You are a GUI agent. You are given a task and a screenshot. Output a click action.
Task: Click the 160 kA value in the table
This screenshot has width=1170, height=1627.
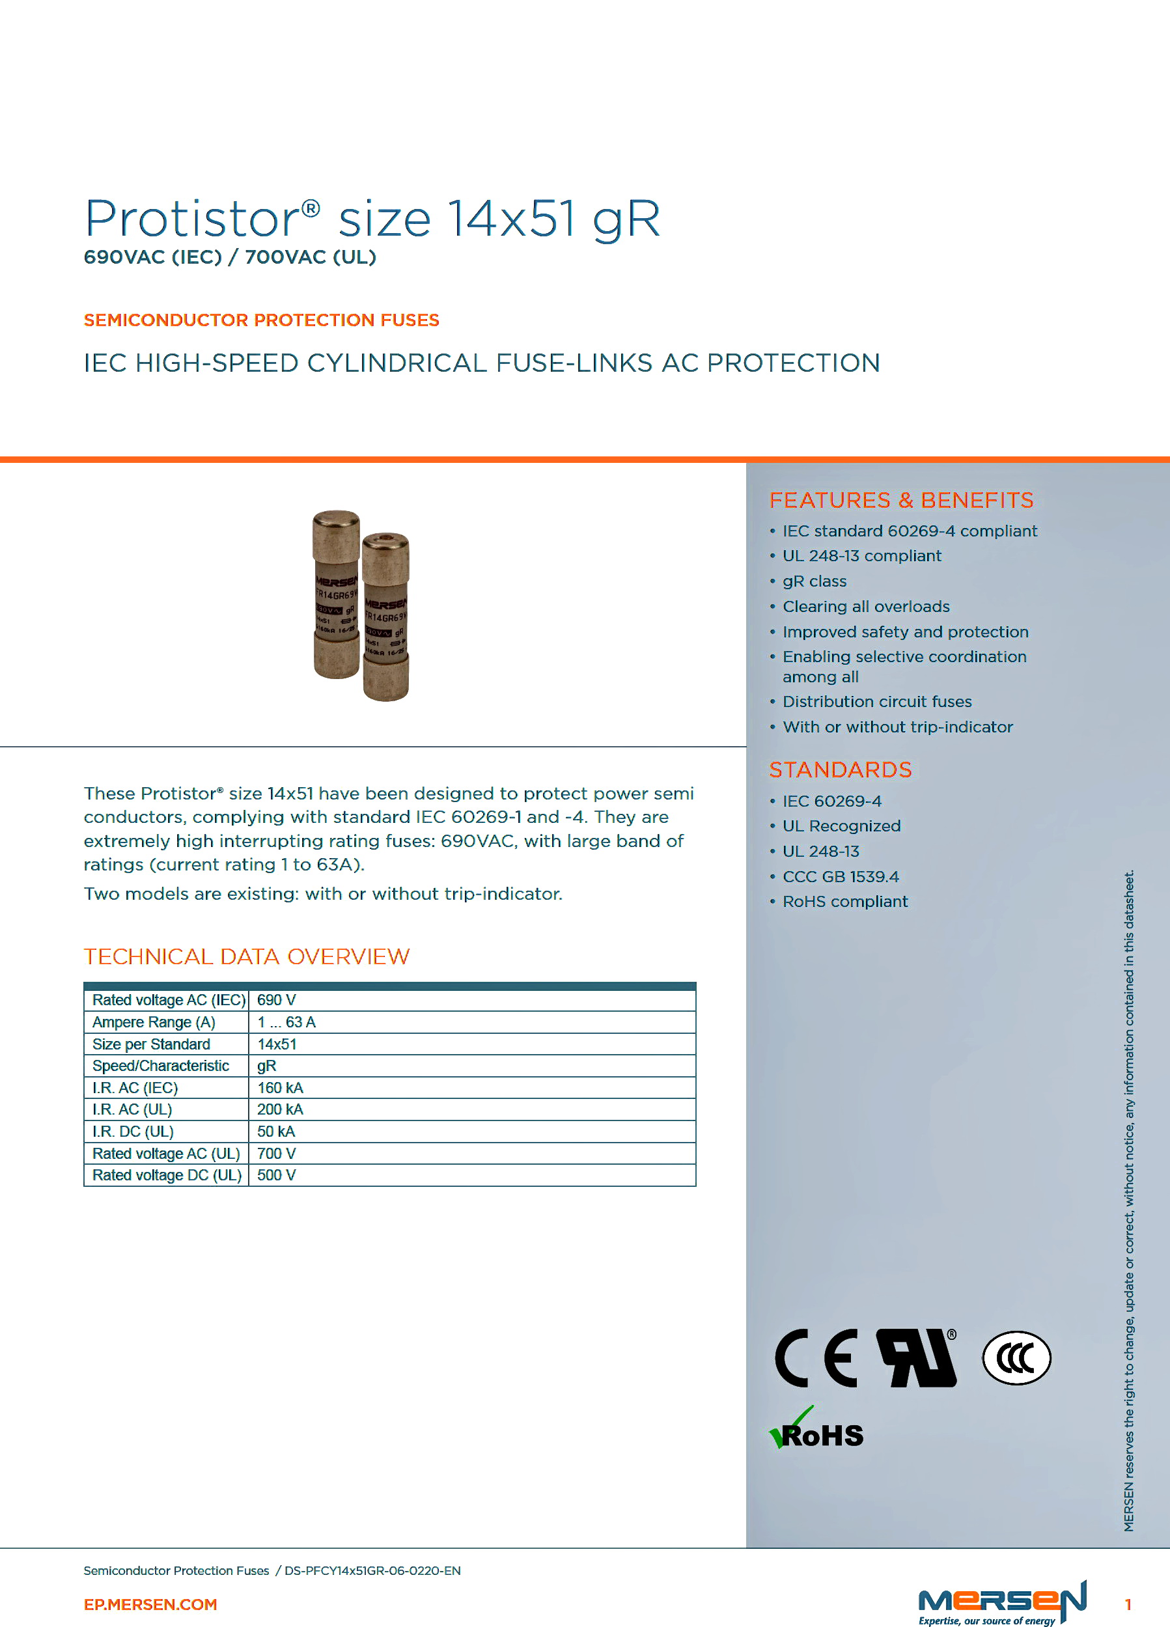pyautogui.click(x=280, y=1087)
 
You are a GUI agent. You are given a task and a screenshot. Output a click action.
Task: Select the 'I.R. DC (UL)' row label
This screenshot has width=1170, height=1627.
pyautogui.click(x=133, y=1132)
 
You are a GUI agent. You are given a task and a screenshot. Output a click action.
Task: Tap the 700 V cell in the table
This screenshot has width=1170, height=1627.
pyautogui.click(x=276, y=1154)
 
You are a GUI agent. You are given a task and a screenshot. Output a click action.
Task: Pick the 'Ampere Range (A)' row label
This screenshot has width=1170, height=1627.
pyautogui.click(x=154, y=1022)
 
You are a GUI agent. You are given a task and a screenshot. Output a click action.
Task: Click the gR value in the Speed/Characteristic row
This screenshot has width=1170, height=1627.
pyautogui.click(x=266, y=1066)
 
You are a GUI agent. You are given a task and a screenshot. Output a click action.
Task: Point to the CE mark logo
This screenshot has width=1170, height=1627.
pyautogui.click(x=816, y=1358)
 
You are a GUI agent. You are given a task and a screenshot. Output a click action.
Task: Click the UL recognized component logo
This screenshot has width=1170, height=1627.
pyautogui.click(x=917, y=1358)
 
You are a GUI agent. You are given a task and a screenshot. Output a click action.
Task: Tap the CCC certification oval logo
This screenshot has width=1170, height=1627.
pyautogui.click(x=1016, y=1358)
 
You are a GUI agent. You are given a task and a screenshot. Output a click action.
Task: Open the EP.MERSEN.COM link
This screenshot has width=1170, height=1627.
pyautogui.click(x=150, y=1605)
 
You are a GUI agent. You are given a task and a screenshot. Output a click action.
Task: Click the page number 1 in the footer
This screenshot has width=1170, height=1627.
pyautogui.click(x=1128, y=1605)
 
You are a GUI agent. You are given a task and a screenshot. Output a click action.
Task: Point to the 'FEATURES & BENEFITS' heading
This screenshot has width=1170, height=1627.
pyautogui.click(x=901, y=500)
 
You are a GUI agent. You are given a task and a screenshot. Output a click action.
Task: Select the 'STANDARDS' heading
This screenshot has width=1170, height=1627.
pyautogui.click(x=840, y=770)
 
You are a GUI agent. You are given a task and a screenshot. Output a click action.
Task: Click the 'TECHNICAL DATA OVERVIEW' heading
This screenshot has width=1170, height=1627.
pyautogui.click(x=246, y=956)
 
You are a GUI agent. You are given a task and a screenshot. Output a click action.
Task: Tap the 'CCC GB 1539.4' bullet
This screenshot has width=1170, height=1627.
pyautogui.click(x=840, y=876)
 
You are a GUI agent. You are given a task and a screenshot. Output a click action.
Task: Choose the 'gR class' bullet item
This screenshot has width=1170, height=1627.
pyautogui.click(x=815, y=581)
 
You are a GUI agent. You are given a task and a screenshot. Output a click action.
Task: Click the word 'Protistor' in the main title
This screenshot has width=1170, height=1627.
pyautogui.click(x=192, y=218)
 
